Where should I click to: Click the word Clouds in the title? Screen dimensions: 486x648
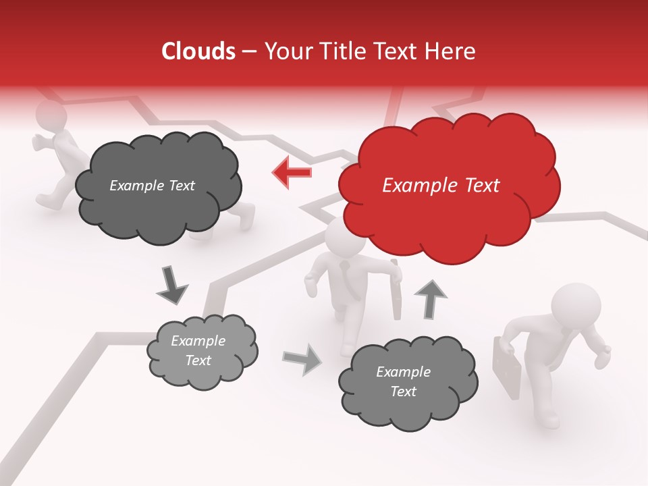pos(198,51)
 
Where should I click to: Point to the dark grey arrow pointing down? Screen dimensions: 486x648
pos(171,285)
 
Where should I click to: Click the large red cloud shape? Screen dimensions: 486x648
pos(448,186)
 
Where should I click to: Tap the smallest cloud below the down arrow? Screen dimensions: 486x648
pos(202,351)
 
